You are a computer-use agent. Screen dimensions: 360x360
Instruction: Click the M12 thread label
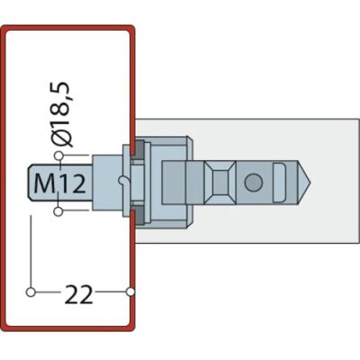click(60, 184)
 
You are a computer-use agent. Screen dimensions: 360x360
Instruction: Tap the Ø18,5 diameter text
click(62, 114)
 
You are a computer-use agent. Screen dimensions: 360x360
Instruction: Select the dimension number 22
click(78, 294)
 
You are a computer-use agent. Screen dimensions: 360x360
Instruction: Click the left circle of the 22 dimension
click(31, 292)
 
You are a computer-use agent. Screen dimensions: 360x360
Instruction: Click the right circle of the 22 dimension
click(130, 292)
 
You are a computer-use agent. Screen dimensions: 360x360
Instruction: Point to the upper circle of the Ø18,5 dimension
click(58, 156)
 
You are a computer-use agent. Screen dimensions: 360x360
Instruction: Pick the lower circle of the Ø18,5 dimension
click(58, 211)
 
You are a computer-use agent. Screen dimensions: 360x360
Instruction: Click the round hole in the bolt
click(254, 183)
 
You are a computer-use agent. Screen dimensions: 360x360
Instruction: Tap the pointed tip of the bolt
click(310, 182)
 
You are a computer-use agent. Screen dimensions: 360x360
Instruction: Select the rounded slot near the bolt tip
click(279, 183)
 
